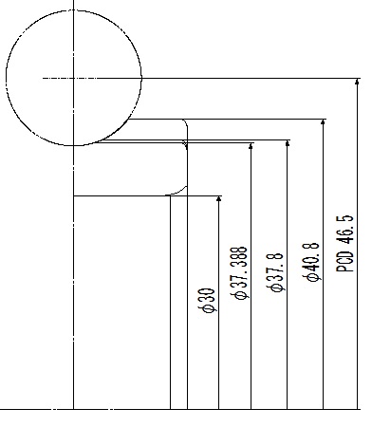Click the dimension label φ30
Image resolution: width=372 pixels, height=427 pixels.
[x=208, y=300]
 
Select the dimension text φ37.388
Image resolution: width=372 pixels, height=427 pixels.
[x=239, y=273]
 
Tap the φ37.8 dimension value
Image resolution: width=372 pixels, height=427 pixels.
[x=275, y=272]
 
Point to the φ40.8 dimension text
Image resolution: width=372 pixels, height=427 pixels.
[x=311, y=262]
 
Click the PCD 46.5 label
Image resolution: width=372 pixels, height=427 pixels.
[x=344, y=243]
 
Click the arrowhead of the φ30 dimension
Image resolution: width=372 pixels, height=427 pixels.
[x=218, y=198]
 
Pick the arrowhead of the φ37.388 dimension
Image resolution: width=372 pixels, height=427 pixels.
[x=251, y=146]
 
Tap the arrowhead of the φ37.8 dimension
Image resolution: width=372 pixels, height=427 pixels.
[x=288, y=143]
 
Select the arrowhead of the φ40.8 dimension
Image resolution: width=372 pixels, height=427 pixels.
[x=323, y=122]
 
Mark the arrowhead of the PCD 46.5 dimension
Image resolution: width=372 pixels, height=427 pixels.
[x=357, y=82]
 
